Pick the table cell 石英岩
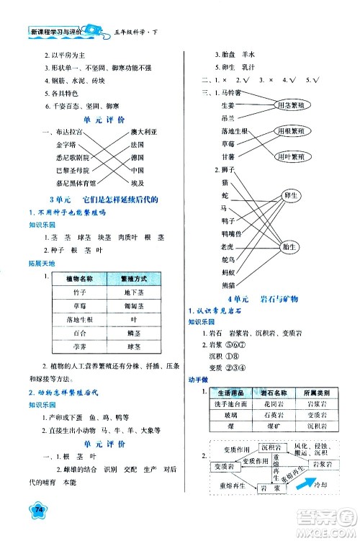click(x=271, y=416)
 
